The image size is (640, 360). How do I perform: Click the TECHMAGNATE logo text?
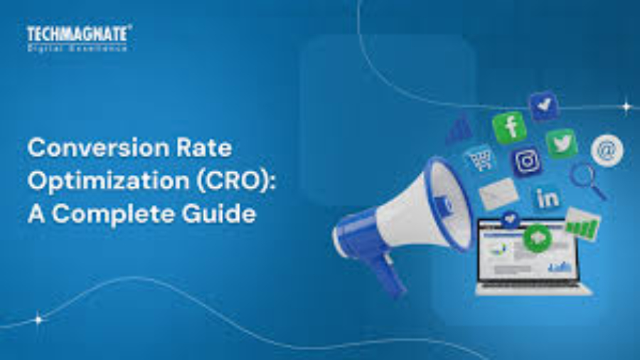78,33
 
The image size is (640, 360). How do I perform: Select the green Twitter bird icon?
561,143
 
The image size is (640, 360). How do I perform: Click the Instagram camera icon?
527,162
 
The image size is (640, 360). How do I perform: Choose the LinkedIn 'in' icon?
547,198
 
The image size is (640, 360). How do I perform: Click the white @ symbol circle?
607,150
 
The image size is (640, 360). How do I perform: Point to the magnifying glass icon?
587,179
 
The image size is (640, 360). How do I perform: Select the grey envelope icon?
498,193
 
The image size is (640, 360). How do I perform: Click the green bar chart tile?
582,225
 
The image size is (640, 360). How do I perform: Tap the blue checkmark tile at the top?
543,105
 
